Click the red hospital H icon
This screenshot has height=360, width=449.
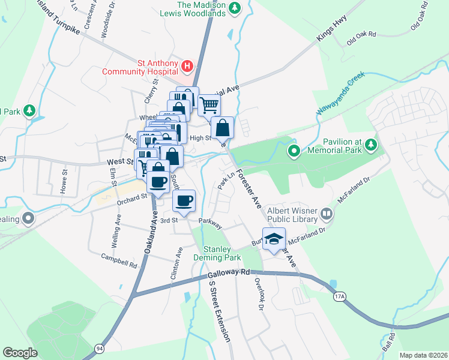[187, 66]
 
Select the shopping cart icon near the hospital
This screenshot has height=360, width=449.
[208, 106]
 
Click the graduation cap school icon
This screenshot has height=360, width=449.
[274, 238]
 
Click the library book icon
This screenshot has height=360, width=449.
[327, 212]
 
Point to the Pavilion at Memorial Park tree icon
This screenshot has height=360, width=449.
[372, 145]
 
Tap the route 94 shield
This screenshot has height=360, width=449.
[98, 347]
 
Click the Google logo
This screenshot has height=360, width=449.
[20, 353]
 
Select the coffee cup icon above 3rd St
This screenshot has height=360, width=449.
[184, 200]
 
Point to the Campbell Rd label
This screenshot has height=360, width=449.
[119, 262]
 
